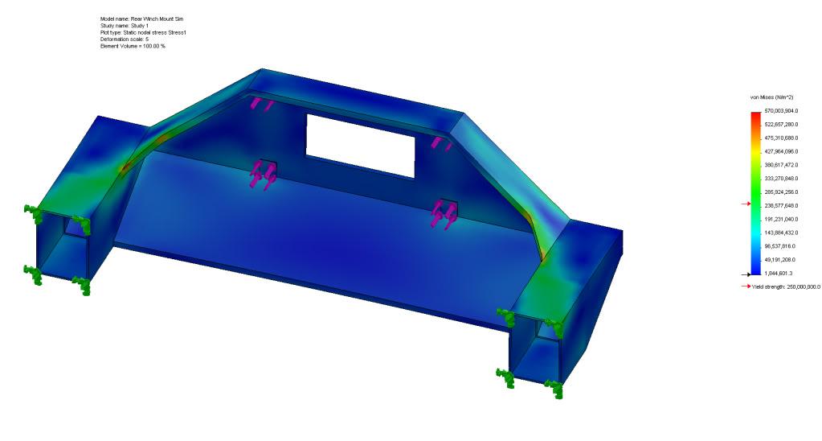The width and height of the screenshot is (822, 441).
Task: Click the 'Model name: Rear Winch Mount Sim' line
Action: point(141,19)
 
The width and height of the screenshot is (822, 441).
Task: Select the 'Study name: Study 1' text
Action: point(125,26)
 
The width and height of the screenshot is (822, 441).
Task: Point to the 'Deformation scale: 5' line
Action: point(125,39)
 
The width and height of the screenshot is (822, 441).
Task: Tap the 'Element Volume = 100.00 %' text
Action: point(133,46)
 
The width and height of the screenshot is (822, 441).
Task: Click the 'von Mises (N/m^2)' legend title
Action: point(771,97)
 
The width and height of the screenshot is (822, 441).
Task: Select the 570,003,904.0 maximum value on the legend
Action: point(781,111)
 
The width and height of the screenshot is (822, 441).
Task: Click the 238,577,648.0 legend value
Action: point(781,206)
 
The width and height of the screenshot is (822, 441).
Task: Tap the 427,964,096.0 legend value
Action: point(781,152)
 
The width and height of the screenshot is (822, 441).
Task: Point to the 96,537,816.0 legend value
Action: point(779,246)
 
